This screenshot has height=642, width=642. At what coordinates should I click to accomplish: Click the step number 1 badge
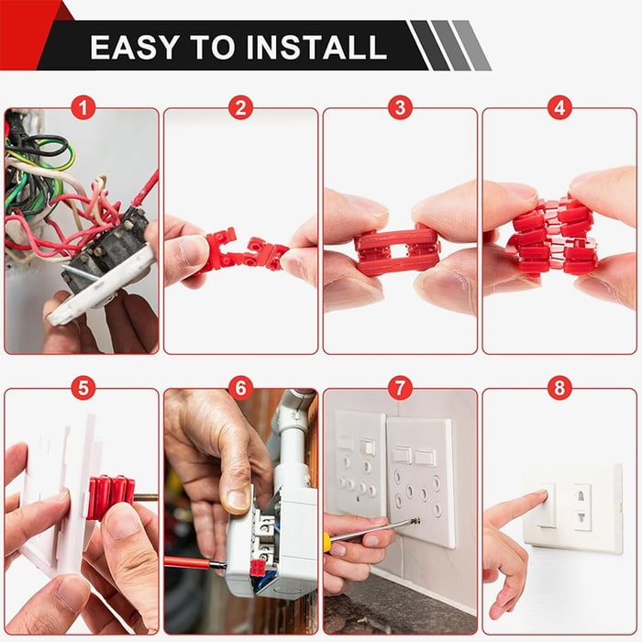[x=83, y=108]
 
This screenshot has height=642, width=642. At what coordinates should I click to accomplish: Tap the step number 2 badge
[x=240, y=108]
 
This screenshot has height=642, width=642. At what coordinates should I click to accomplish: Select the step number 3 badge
[x=399, y=108]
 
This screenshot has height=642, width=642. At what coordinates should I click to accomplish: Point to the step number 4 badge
[x=559, y=108]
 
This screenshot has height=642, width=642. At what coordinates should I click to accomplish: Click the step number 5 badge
[x=83, y=388]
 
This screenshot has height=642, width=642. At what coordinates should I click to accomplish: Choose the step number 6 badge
[x=240, y=388]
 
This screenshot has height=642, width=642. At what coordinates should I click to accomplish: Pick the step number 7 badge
[x=399, y=388]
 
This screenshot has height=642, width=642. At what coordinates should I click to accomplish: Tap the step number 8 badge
[x=559, y=388]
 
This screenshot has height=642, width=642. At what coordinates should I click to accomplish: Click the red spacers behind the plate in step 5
[x=109, y=496]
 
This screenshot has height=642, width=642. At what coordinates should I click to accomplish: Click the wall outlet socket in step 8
[x=581, y=507]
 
